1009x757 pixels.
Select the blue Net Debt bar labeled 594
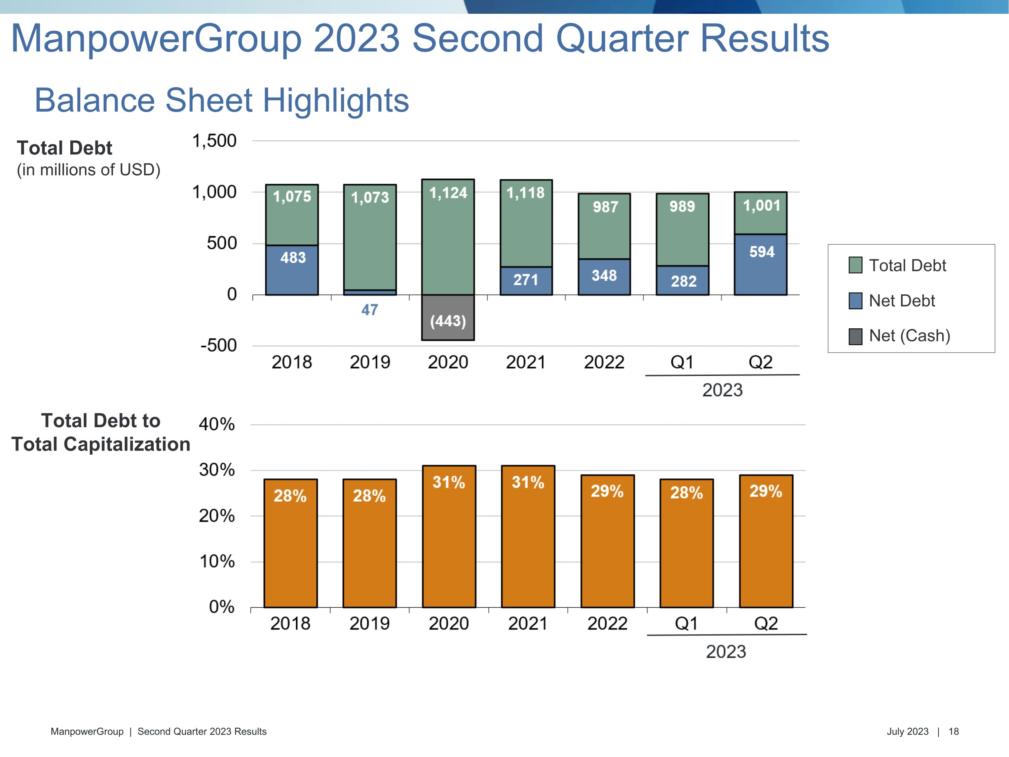[x=760, y=265]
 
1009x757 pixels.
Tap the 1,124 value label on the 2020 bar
[x=448, y=193]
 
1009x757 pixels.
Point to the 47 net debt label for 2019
[x=370, y=310]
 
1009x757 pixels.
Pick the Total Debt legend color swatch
[x=855, y=265]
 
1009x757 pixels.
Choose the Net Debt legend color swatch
[x=855, y=301]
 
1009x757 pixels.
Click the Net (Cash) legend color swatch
[x=855, y=336]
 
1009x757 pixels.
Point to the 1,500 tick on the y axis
[x=214, y=141]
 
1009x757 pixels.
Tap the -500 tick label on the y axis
[x=219, y=346]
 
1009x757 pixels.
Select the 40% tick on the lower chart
[x=217, y=424]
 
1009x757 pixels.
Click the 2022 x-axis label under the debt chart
[x=604, y=362]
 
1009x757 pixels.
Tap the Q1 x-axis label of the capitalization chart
[x=686, y=623]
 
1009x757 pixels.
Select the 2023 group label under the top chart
[x=722, y=390]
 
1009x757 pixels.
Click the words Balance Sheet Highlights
[x=222, y=100]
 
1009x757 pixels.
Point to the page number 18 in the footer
[x=954, y=731]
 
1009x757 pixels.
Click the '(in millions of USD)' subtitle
[x=88, y=170]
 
